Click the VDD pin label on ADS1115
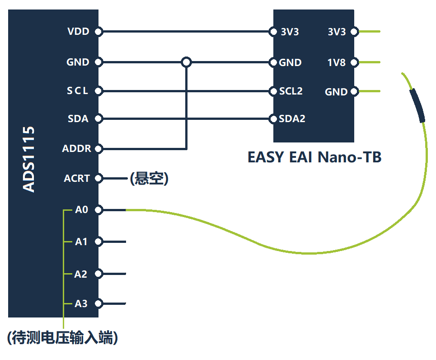78,32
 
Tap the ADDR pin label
76,148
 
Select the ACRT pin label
77,178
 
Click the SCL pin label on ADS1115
78,91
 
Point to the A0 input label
82,210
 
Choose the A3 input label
81,303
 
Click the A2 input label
81,274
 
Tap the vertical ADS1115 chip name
29,159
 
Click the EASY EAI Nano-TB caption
314,157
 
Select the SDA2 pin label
292,119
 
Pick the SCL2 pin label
291,91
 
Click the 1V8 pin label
337,62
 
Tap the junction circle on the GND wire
186,62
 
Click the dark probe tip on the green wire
417,106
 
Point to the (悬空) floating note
149,179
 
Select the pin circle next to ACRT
98,178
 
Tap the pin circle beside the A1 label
98,242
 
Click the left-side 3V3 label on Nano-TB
290,32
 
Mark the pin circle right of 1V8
354,62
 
